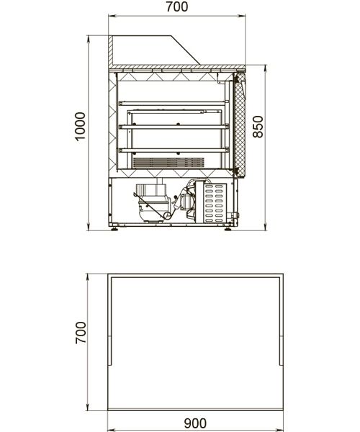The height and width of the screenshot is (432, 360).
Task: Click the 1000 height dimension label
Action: (x=80, y=127)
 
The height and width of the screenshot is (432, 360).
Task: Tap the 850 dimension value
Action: (x=258, y=127)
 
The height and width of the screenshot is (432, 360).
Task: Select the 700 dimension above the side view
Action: (x=177, y=6)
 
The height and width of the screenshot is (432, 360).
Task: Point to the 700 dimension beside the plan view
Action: (x=81, y=333)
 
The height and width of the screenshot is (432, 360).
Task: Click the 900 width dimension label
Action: (x=195, y=423)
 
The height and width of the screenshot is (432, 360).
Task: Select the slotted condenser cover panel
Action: (x=215, y=203)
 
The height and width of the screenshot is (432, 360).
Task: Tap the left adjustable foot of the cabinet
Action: (x=114, y=228)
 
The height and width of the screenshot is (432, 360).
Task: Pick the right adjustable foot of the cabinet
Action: (x=228, y=228)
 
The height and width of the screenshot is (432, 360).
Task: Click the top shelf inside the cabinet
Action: (x=172, y=103)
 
